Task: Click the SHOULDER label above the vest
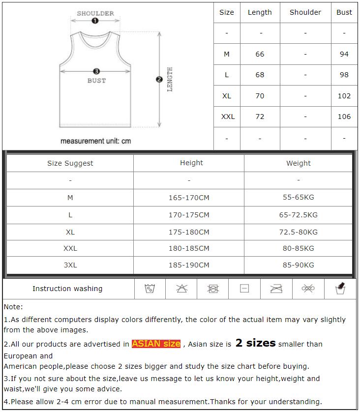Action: (95, 13)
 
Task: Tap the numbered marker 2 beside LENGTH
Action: (159, 79)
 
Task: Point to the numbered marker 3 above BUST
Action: (96, 71)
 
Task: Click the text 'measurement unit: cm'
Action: (95, 141)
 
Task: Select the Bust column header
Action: (344, 12)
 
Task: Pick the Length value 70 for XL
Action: (260, 96)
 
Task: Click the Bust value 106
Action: (344, 117)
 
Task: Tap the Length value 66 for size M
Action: (260, 54)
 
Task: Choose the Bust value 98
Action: (344, 75)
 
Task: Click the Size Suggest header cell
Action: (70, 163)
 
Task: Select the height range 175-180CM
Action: (189, 232)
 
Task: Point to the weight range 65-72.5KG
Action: (299, 215)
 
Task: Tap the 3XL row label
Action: (70, 265)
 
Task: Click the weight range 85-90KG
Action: (299, 265)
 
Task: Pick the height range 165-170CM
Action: (189, 198)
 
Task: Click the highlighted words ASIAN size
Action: (156, 344)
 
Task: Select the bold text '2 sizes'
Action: (255, 343)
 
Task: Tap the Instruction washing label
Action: (67, 289)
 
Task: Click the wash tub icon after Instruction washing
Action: (150, 289)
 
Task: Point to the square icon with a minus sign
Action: (244, 289)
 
